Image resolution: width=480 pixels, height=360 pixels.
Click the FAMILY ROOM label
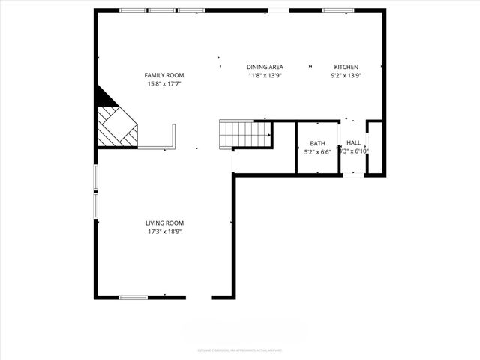(x=164, y=75)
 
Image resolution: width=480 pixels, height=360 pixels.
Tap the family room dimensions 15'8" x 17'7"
(x=164, y=83)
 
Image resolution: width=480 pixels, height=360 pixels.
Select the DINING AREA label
(x=265, y=67)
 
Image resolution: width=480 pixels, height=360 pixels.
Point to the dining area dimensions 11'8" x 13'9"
(x=265, y=75)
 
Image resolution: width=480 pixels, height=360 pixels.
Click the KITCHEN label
(x=346, y=67)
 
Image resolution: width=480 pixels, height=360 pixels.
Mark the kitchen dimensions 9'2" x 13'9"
(x=346, y=75)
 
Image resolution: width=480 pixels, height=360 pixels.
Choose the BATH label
(x=318, y=143)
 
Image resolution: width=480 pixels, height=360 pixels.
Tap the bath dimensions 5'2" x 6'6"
(x=318, y=151)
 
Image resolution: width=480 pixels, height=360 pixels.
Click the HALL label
(x=354, y=142)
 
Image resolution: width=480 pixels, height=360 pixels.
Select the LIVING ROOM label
(x=164, y=223)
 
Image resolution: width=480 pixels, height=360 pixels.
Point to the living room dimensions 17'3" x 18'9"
(x=164, y=232)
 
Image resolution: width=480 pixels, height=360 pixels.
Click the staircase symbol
(x=244, y=134)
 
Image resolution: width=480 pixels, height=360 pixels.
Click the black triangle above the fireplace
(x=103, y=97)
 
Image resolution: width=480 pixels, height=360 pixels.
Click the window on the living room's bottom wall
(x=133, y=298)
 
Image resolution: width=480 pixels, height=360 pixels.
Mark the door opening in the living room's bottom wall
(x=199, y=298)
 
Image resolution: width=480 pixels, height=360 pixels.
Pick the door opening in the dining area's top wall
(x=278, y=10)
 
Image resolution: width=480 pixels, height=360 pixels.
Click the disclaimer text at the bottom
(x=240, y=349)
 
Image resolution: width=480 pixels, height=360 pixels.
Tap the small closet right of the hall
(x=375, y=147)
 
